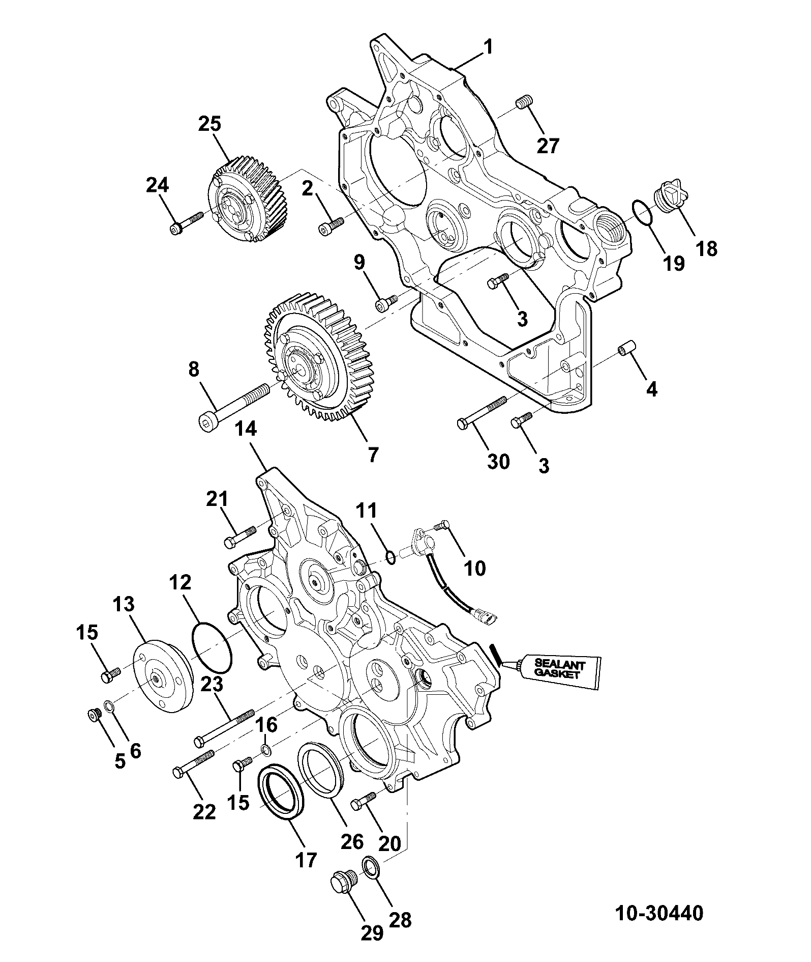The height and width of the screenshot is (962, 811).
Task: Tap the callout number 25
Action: tap(210, 125)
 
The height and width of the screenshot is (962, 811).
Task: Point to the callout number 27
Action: tap(548, 146)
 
